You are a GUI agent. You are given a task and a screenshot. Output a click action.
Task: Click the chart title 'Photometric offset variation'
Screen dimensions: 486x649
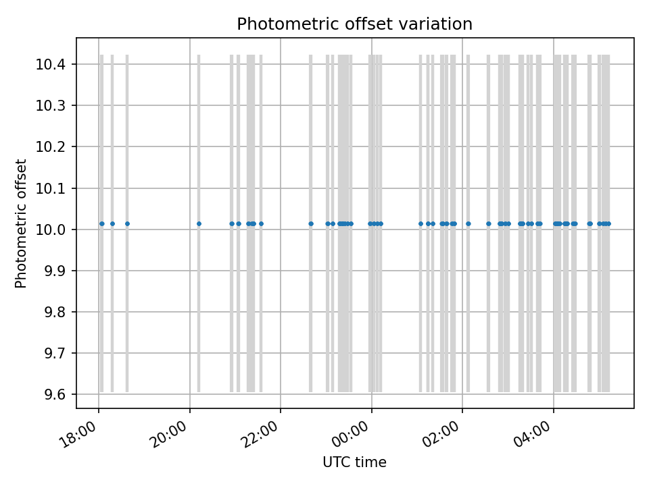click(x=354, y=24)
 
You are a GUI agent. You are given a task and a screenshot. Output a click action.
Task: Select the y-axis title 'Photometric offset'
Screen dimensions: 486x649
click(x=21, y=223)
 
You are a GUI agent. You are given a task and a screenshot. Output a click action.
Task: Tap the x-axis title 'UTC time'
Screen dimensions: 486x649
click(x=354, y=462)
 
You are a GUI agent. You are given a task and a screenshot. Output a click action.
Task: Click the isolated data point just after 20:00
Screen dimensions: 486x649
click(x=199, y=223)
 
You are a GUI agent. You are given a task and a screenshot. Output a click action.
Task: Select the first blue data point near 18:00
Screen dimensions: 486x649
click(x=101, y=223)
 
